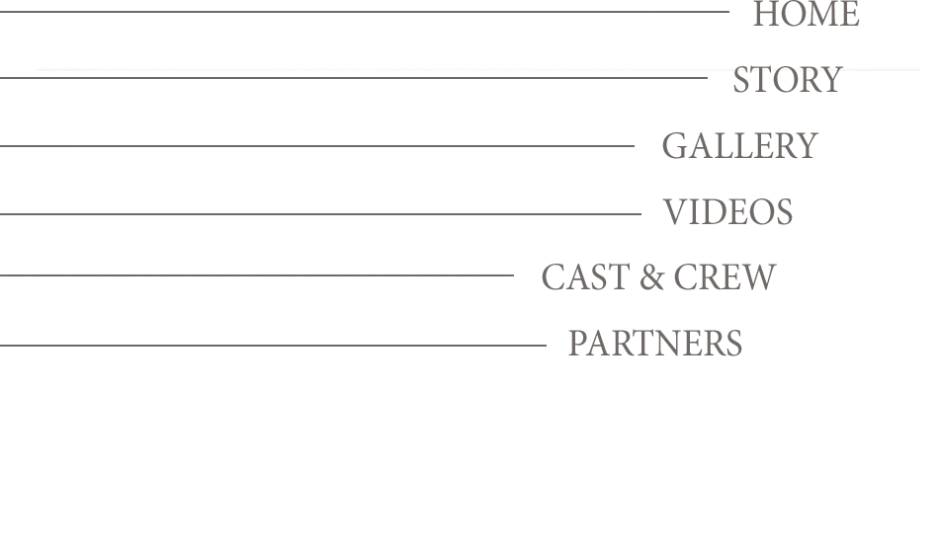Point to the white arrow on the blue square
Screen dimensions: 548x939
498,278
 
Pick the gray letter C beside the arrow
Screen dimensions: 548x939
548,277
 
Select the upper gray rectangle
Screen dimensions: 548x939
791,84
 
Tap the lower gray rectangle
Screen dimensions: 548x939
672,276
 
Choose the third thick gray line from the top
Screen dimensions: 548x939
316,146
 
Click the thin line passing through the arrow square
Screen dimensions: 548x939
247,275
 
